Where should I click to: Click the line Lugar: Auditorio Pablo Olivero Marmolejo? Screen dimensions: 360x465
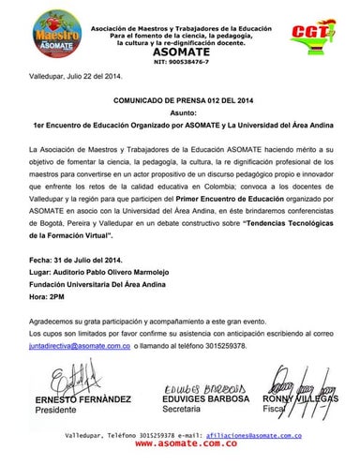click(100, 269)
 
